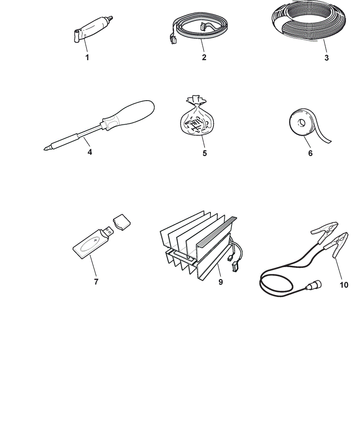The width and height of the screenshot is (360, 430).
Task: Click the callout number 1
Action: coord(87,58)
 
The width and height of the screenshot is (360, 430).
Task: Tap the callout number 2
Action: coord(204,58)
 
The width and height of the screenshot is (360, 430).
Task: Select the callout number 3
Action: coord(326,58)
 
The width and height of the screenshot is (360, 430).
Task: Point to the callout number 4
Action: coord(90,152)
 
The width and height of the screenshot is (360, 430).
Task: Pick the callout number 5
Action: coord(204,154)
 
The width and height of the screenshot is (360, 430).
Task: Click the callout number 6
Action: coord(310,154)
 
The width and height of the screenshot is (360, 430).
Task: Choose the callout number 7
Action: coord(96,282)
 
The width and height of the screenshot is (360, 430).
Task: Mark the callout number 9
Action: coord(221,282)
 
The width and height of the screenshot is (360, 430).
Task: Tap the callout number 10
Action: coord(344,285)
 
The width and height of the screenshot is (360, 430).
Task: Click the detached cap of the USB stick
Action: coord(122,221)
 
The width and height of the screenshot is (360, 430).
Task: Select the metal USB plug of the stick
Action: coord(108,232)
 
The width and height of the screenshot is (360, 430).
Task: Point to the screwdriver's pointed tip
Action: coord(45,149)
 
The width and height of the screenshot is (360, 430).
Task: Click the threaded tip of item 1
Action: coord(110,18)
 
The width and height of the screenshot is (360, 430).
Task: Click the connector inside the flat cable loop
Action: coord(203,26)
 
